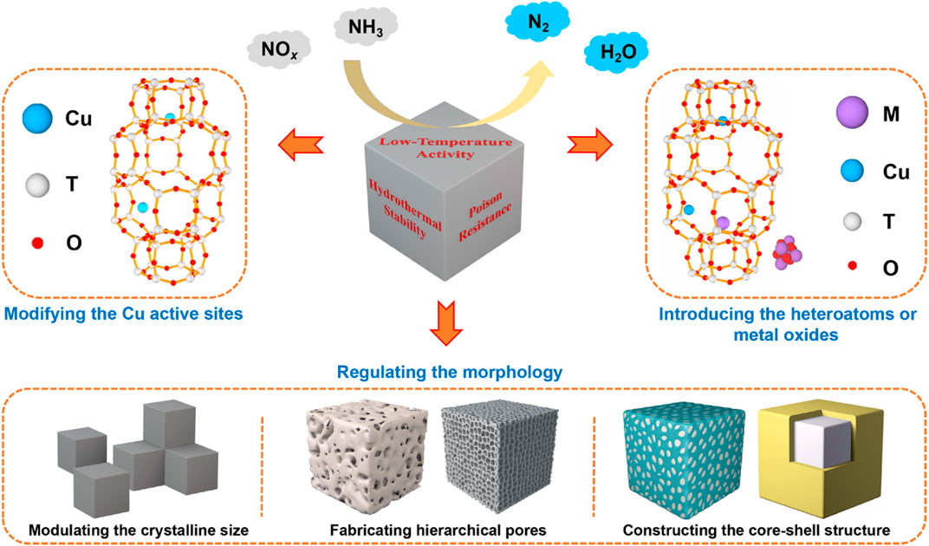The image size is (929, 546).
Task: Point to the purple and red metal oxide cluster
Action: pyautogui.click(x=789, y=251)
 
